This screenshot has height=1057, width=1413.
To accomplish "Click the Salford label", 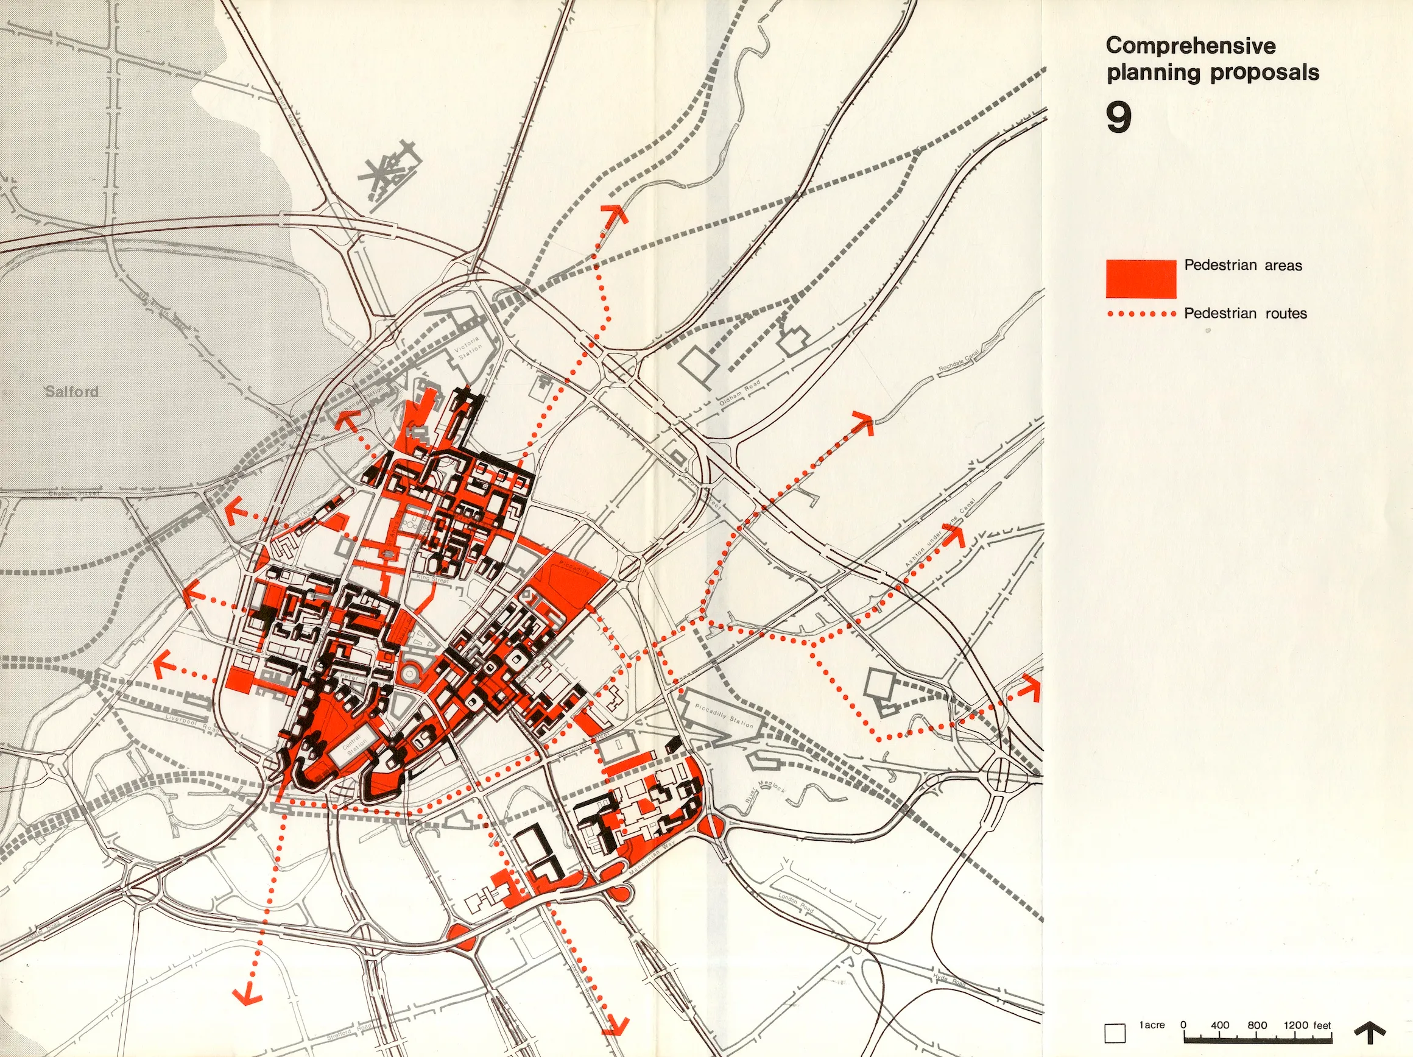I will [x=71, y=391].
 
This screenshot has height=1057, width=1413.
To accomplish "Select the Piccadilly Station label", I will [x=724, y=716].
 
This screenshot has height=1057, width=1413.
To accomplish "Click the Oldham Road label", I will [x=740, y=392].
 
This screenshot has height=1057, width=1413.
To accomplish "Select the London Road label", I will [x=795, y=903].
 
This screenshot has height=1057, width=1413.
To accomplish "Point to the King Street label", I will [x=432, y=578].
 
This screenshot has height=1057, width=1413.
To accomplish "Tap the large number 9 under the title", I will [x=1118, y=117].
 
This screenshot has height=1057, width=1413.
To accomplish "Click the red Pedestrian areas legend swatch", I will [x=1141, y=278].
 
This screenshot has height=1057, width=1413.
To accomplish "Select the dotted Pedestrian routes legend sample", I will [x=1141, y=314].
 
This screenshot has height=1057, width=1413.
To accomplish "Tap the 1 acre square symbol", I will [x=1115, y=1033].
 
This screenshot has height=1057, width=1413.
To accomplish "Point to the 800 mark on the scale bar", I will [x=1256, y=1026].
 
